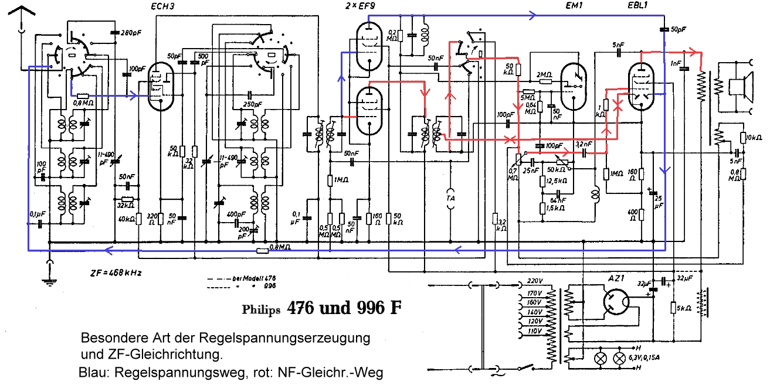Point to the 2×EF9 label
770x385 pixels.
[x=365, y=6]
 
